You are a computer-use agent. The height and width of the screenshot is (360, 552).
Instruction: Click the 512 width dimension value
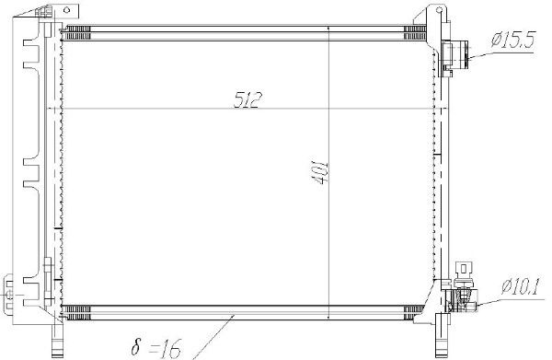tap(245, 99)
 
